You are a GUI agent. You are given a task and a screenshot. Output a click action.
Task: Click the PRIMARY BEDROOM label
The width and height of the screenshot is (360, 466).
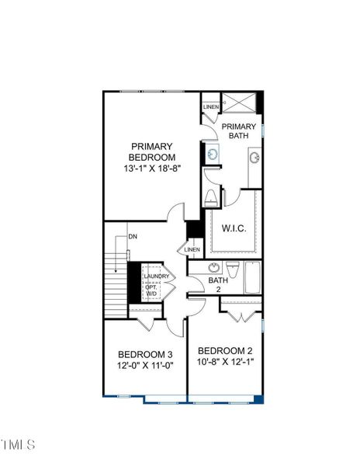point(152,151)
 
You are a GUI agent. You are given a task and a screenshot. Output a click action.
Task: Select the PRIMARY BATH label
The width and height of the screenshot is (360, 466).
point(238,131)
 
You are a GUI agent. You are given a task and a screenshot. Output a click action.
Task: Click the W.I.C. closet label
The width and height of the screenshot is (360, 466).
point(234,228)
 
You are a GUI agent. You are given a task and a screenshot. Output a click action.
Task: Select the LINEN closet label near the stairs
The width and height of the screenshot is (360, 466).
point(192,249)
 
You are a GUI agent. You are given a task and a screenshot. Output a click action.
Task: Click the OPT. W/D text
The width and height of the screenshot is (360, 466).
point(152,290)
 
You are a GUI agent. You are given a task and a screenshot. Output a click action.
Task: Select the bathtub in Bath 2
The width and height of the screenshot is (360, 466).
point(253,277)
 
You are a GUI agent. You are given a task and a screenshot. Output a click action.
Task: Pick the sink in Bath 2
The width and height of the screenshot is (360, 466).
point(214,266)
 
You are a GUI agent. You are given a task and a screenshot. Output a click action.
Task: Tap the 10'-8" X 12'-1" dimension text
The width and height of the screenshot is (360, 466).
point(225,361)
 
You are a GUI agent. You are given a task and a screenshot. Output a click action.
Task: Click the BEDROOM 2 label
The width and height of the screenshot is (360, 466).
point(225,349)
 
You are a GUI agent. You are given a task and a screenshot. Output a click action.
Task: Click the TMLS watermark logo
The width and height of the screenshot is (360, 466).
point(19,445)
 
